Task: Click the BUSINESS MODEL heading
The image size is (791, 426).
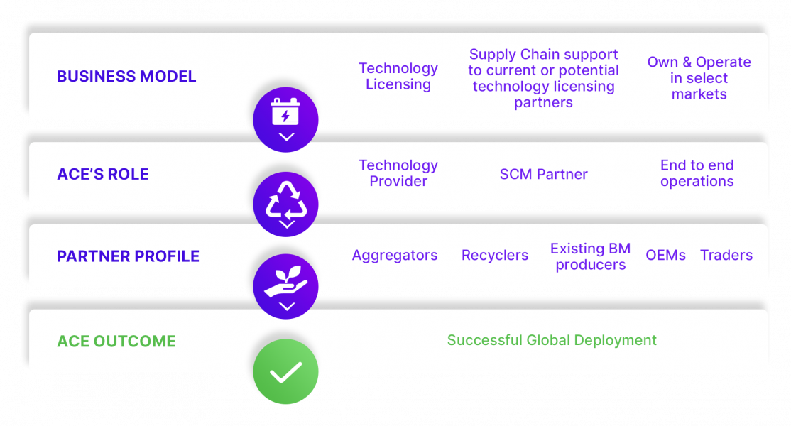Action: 126,77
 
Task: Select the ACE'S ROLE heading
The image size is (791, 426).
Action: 103,175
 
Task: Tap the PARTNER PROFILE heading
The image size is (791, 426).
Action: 128,256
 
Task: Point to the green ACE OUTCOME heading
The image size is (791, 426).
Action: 116,342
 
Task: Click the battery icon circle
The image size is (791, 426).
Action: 285,119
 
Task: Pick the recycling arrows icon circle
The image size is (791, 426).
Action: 285,204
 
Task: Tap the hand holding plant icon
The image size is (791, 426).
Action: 285,286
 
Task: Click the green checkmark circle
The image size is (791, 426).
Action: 285,371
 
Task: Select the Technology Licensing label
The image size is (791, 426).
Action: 398,77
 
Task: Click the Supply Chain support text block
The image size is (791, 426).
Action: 543,78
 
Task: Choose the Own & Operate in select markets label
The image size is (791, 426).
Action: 699,78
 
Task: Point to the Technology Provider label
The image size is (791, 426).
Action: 398,173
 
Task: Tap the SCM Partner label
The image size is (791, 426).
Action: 543,175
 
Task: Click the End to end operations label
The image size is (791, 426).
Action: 697,173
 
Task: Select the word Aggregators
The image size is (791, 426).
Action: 395,256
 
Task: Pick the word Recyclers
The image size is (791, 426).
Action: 495,256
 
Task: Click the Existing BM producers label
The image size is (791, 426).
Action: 590,256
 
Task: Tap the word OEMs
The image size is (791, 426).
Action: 665,256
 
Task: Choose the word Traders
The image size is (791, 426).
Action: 726,256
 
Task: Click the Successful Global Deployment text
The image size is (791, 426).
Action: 552,341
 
